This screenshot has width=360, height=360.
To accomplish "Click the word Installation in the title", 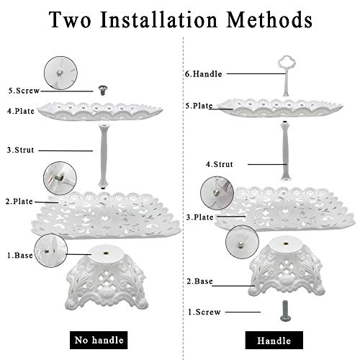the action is (159, 19).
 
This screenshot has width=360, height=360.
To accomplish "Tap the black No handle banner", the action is (99, 340).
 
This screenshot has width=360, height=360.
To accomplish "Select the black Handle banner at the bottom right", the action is (274, 341).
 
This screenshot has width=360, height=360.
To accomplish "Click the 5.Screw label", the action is (24, 91).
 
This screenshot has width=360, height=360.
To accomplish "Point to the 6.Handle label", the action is (204, 74).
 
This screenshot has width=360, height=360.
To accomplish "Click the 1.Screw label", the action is (204, 312).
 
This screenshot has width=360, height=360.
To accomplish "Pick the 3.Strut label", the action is (21, 150).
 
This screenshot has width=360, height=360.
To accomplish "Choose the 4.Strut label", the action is (220, 164).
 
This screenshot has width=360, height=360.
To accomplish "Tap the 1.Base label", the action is (20, 256).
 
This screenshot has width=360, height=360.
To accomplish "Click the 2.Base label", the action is (199, 282).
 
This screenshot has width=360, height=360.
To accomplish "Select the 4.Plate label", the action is (21, 111).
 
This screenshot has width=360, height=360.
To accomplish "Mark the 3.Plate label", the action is (200, 217).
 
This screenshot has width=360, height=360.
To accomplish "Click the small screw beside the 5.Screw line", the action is (103, 90).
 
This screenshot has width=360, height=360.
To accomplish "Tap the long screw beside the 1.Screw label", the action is (285, 311).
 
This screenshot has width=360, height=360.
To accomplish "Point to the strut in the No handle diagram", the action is (104, 156).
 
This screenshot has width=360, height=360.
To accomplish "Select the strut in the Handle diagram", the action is (285, 150).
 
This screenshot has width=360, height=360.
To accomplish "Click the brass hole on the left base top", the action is (106, 253).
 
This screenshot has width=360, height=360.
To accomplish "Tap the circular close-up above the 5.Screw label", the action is (60, 73).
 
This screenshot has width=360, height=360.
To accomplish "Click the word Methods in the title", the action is (269, 19).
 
